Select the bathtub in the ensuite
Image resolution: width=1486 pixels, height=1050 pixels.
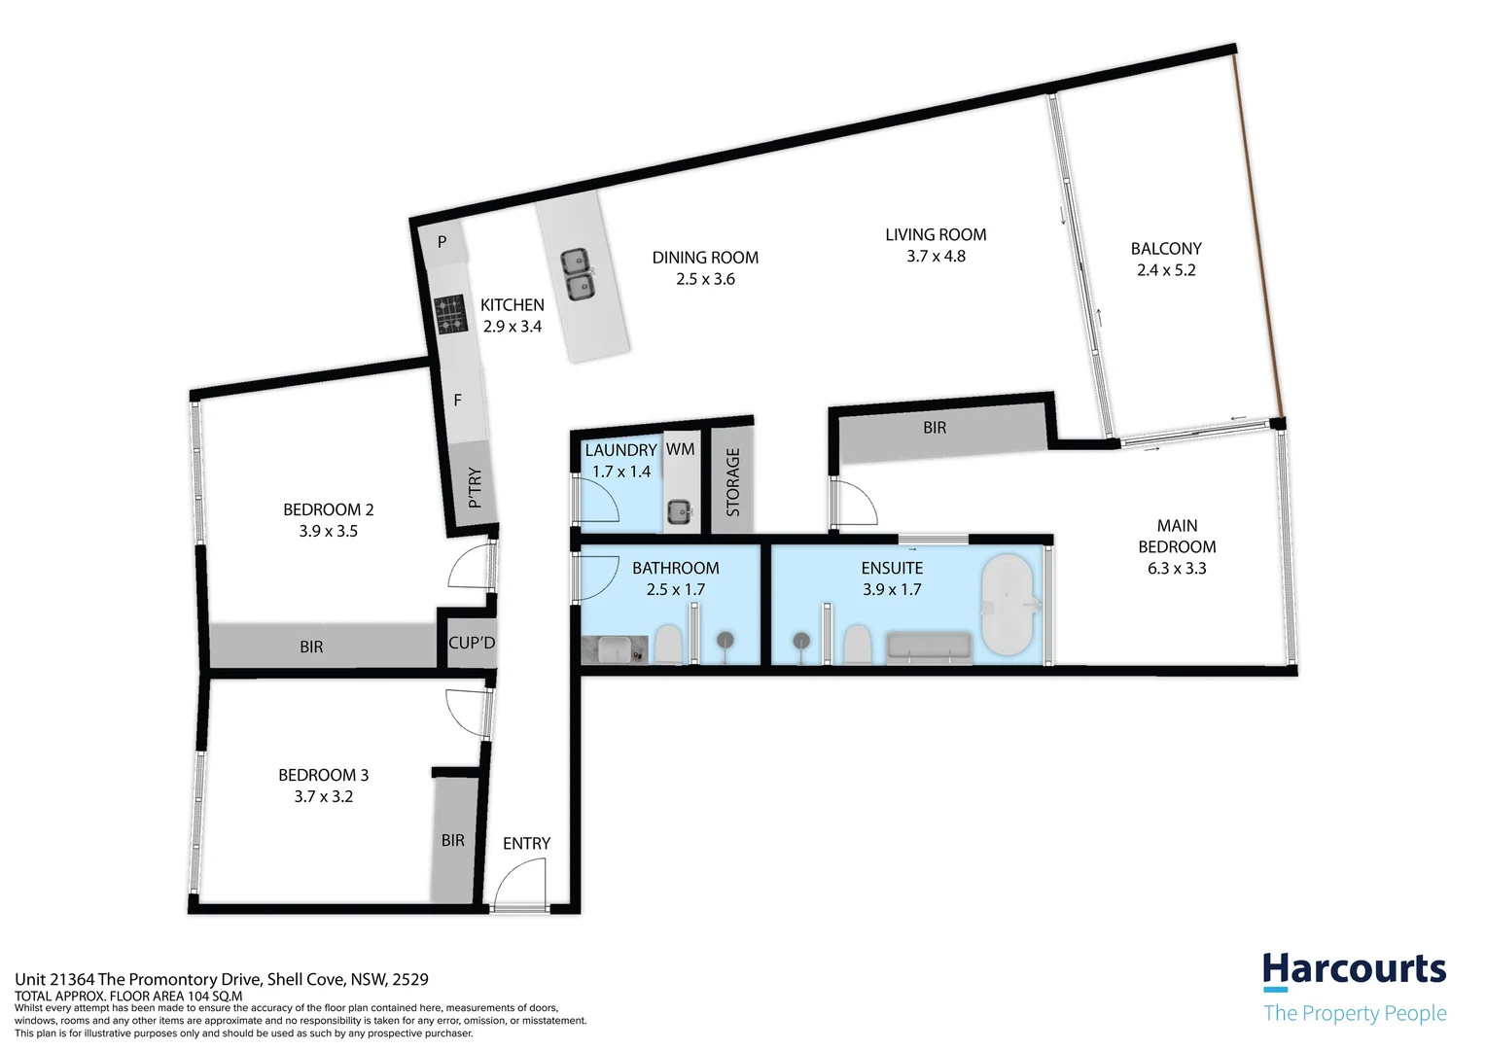(1009, 605)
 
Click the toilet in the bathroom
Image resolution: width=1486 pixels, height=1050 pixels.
(667, 644)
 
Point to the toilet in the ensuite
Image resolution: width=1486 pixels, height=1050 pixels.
(857, 644)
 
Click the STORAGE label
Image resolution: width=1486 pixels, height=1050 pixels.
(733, 481)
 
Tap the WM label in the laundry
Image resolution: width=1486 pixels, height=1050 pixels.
(680, 449)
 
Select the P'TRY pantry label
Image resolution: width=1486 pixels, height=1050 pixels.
(475, 488)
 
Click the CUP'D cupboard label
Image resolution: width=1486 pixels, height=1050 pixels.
(472, 643)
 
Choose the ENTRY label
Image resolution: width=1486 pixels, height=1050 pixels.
(526, 843)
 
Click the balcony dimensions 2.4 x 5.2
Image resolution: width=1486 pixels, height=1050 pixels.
(1165, 270)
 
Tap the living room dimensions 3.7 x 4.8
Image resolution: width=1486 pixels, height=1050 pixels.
(935, 257)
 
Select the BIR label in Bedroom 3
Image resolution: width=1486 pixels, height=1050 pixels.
(452, 840)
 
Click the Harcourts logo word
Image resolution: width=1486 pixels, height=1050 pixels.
(1354, 970)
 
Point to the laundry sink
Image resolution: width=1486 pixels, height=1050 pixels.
(679, 510)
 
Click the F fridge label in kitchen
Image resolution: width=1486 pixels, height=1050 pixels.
(457, 401)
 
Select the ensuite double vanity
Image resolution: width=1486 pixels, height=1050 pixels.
(929, 647)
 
